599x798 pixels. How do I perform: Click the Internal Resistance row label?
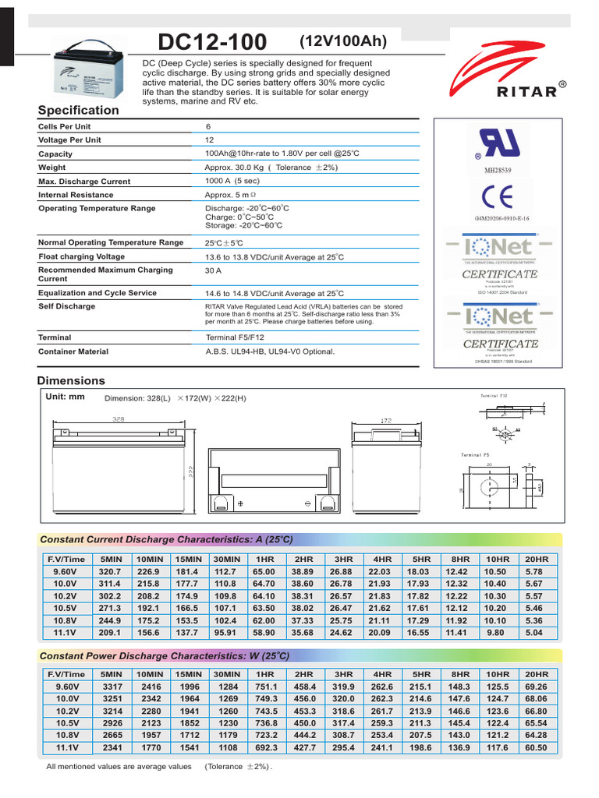pos(76,195)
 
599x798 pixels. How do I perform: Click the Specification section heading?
pos(79,111)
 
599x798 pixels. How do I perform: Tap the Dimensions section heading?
pos(71,381)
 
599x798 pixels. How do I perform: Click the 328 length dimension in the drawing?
pos(118,419)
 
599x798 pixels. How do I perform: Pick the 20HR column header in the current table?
pos(537,560)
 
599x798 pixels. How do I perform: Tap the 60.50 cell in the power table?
pos(537,747)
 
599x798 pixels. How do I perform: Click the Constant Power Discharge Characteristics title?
pos(166,655)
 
